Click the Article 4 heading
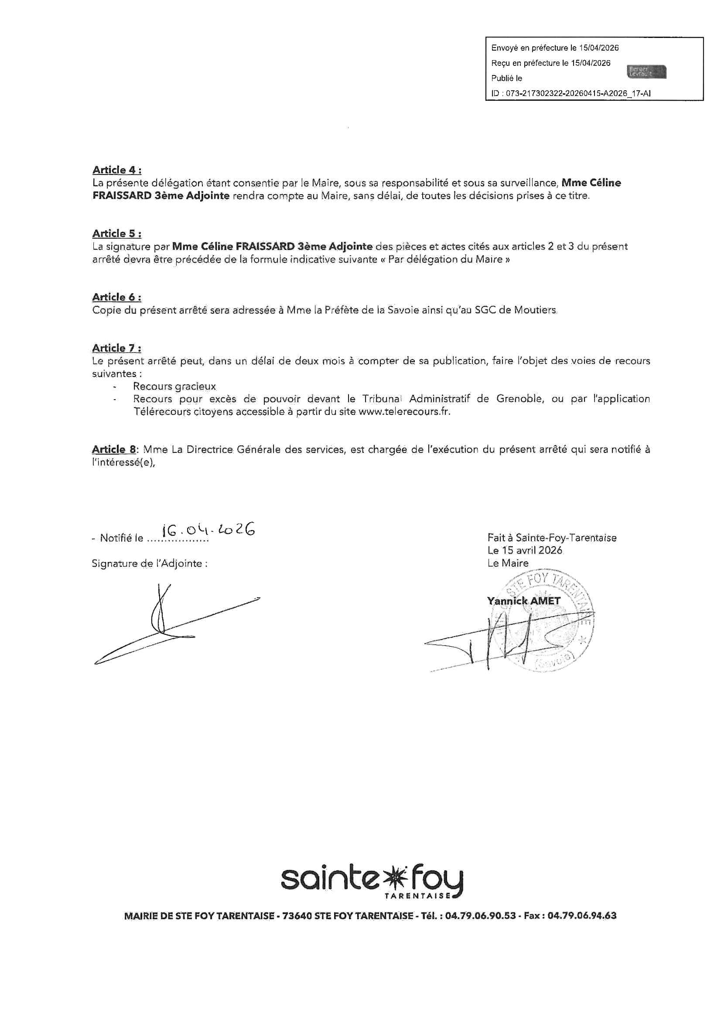tap(117, 170)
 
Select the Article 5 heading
tap(117, 233)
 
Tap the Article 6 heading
tap(117, 297)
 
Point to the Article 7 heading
tap(117, 348)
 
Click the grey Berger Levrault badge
tap(647, 72)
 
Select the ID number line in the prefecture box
tap(571, 93)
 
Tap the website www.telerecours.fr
tap(404, 411)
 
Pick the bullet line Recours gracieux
tap(174, 387)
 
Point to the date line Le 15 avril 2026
tap(525, 550)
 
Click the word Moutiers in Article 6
tap(535, 310)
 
